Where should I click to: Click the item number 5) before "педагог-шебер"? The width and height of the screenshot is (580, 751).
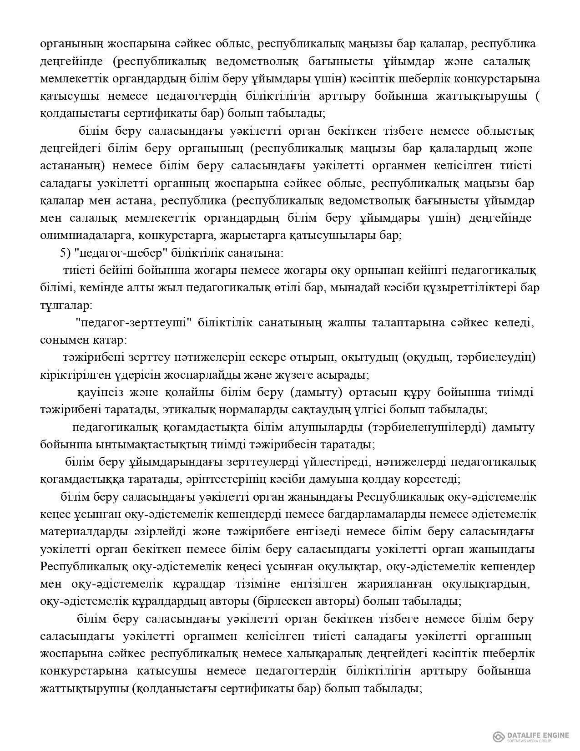coord(65,253)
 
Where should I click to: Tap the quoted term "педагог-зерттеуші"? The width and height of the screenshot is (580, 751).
coord(131,323)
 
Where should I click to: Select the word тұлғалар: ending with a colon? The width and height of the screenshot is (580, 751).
coord(66,305)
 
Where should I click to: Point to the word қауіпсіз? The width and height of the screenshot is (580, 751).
coord(99,392)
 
